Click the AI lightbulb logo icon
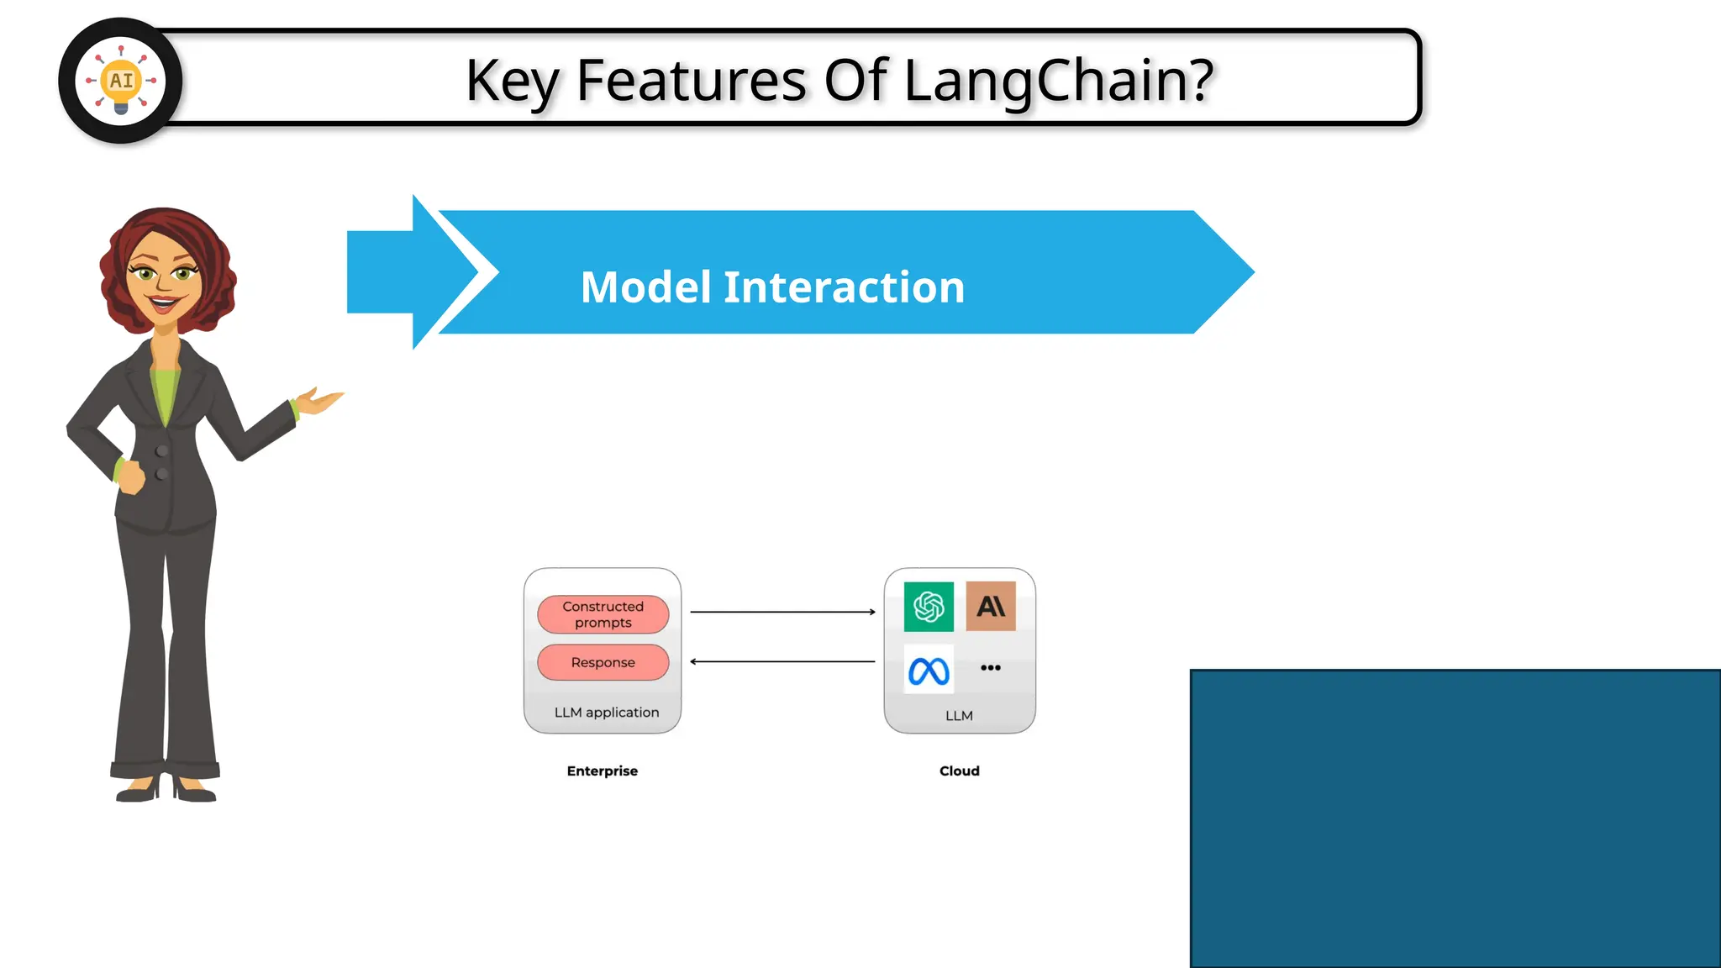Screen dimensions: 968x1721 [x=120, y=81]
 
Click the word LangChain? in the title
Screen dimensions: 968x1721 [x=1059, y=81]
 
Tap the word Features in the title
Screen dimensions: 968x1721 [x=691, y=81]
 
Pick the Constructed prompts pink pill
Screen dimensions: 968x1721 [x=603, y=614]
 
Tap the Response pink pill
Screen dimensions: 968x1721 [x=603, y=662]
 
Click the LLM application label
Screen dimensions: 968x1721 [x=606, y=713]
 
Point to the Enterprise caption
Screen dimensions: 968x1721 [x=602, y=771]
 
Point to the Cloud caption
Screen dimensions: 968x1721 [x=959, y=771]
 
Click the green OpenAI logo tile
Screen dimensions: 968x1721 [x=929, y=606]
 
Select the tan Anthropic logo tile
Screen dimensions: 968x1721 [x=991, y=606]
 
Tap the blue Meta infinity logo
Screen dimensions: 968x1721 [x=929, y=671]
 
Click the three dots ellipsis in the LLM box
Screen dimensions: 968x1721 [x=991, y=668]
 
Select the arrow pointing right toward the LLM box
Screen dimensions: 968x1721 [x=782, y=612]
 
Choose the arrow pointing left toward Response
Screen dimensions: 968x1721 [x=782, y=661]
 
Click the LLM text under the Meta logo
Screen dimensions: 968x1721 [x=959, y=716]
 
